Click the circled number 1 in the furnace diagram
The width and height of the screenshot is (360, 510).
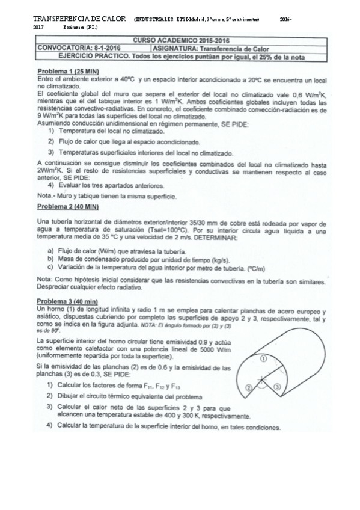[x=263, y=359]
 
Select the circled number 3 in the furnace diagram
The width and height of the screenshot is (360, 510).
[x=278, y=388]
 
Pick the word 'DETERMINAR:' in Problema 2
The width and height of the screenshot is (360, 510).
[x=216, y=238]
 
